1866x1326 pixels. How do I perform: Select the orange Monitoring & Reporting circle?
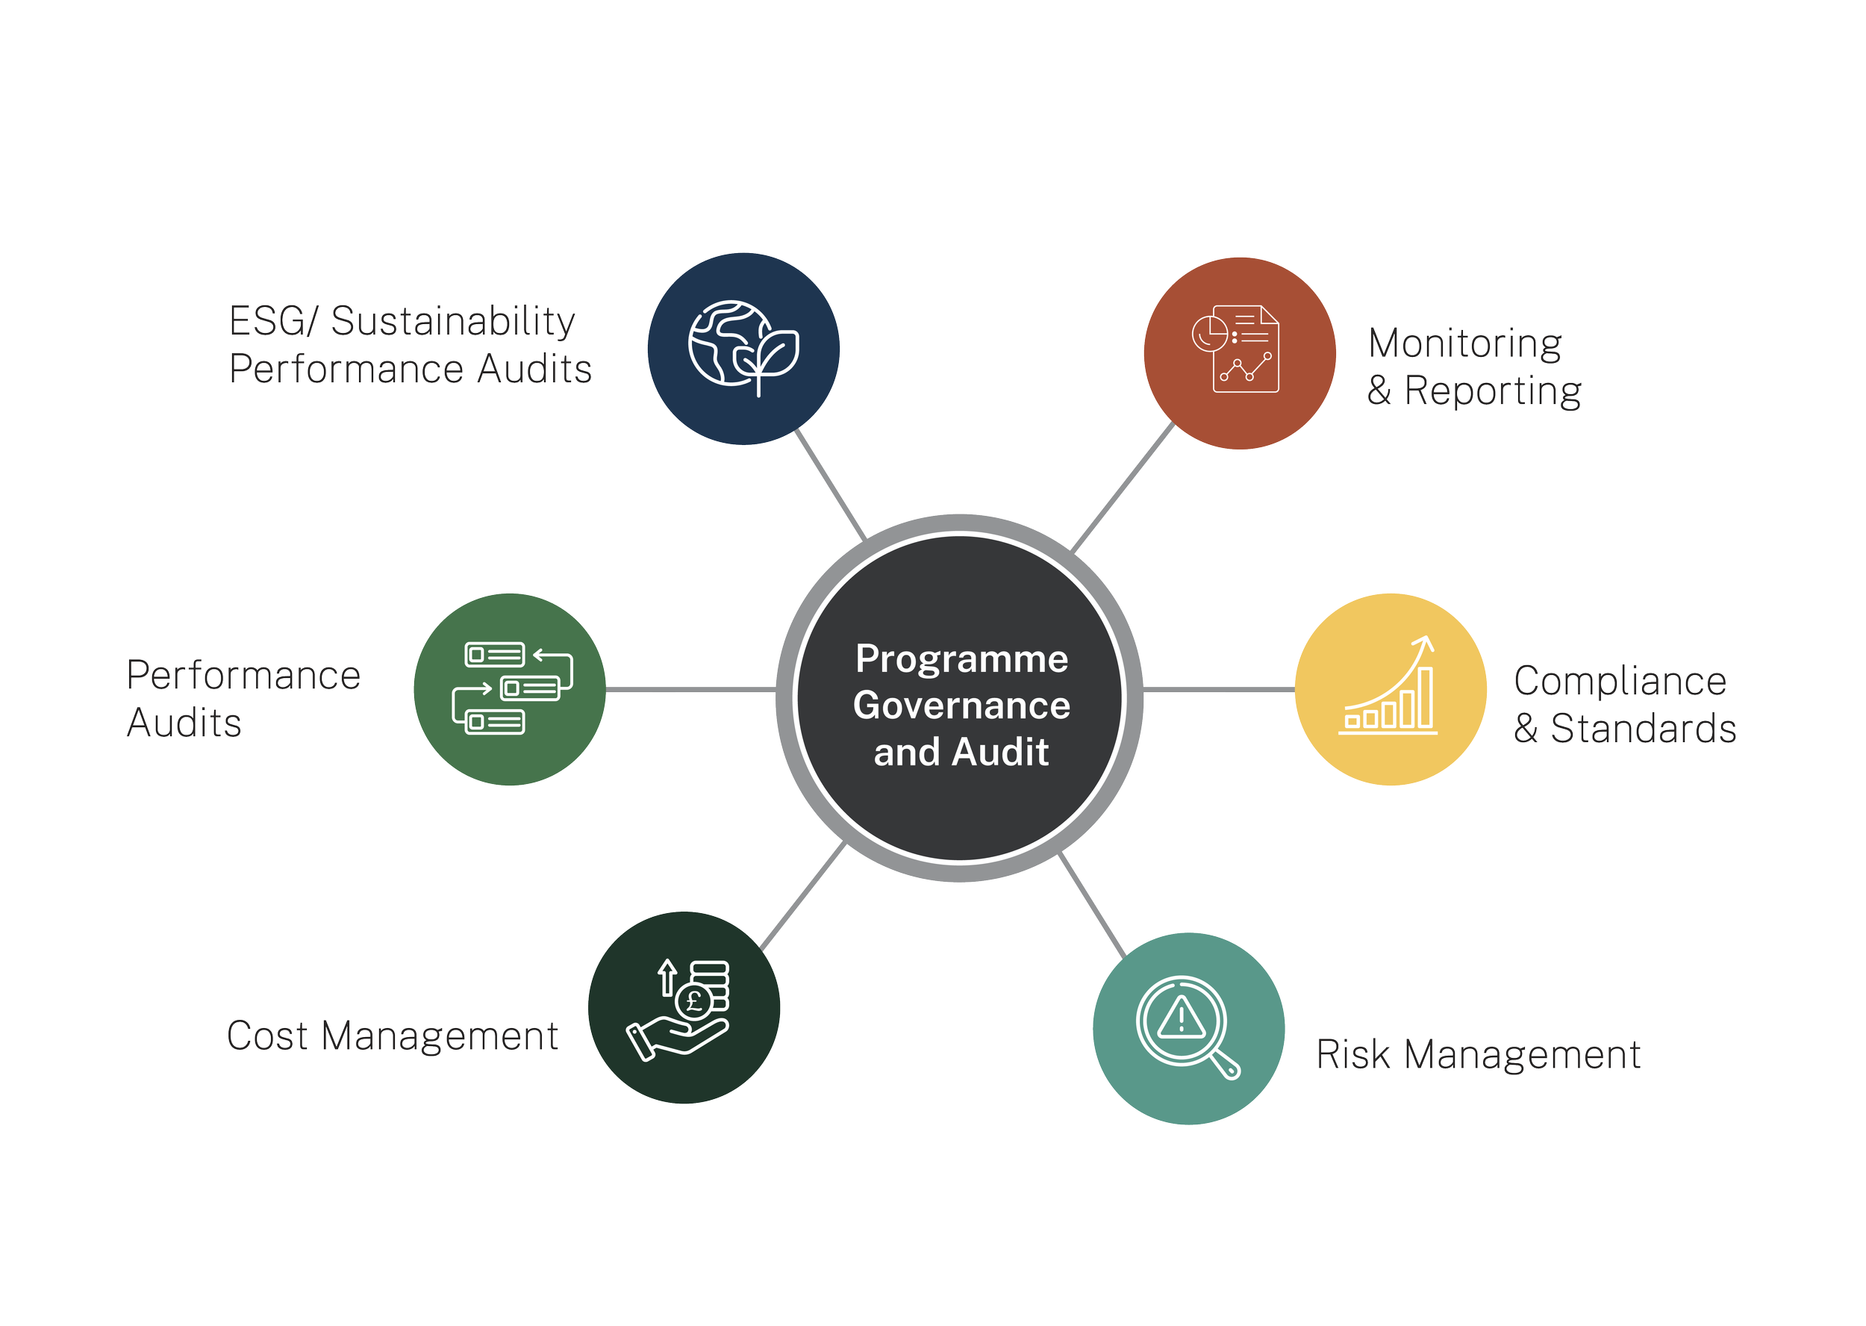pyautogui.click(x=1239, y=352)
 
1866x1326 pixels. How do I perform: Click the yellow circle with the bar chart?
pyautogui.click(x=1390, y=688)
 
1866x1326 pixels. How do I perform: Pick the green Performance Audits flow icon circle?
pyautogui.click(x=509, y=688)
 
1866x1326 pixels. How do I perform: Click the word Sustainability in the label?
pyautogui.click(x=453, y=321)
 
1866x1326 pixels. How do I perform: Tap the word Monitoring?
pyautogui.click(x=1465, y=343)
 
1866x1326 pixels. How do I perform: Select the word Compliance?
pyautogui.click(x=1620, y=681)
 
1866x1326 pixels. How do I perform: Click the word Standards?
pyautogui.click(x=1643, y=728)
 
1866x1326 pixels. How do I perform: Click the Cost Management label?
pyautogui.click(x=393, y=1036)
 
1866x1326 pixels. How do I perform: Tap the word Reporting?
pyautogui.click(x=1493, y=391)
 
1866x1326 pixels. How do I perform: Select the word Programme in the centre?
pyautogui.click(x=961, y=659)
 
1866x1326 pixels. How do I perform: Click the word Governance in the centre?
pyautogui.click(x=961, y=706)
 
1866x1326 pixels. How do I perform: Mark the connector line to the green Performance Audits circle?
pyautogui.click(x=690, y=690)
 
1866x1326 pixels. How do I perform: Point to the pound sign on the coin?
pyautogui.click(x=695, y=1001)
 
